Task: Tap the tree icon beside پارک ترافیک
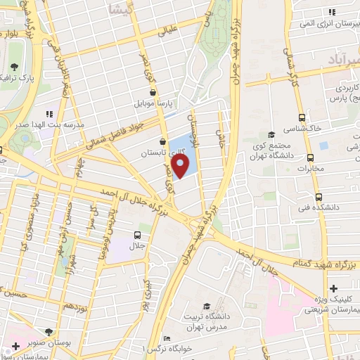pos(14,67)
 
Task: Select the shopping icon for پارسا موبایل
pos(153,91)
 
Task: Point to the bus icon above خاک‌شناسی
pos(302,118)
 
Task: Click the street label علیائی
pos(172,30)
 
